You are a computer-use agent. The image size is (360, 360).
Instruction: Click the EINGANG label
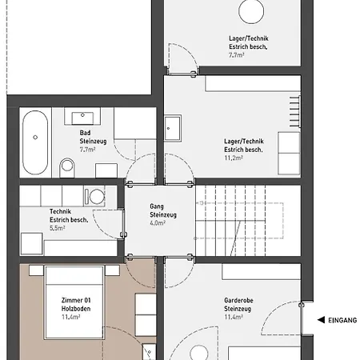pyautogui.click(x=342, y=320)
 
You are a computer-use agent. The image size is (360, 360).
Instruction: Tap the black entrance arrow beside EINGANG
pyautogui.click(x=321, y=320)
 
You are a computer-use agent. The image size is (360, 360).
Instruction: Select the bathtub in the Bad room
pyautogui.click(x=35, y=142)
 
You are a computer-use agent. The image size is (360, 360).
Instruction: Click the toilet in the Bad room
pyautogui.click(x=67, y=167)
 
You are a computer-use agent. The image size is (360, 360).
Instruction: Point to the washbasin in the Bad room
pyautogui.click(x=82, y=118)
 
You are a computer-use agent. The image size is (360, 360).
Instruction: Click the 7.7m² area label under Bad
pyautogui.click(x=87, y=150)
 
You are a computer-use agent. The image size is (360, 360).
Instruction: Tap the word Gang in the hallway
pyautogui.click(x=157, y=206)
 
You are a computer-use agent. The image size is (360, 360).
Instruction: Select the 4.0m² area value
pyautogui.click(x=158, y=223)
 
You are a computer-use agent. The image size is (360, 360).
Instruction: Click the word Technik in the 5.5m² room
pyautogui.click(x=60, y=211)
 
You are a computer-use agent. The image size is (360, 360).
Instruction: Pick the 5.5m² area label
pyautogui.click(x=58, y=228)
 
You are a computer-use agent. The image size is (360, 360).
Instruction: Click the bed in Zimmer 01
pyautogui.click(x=74, y=302)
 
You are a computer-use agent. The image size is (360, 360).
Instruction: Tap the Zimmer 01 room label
pyautogui.click(x=76, y=300)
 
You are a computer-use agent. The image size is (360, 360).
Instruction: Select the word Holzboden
pyautogui.click(x=76, y=309)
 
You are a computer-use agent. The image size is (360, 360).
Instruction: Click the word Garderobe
pyautogui.click(x=238, y=301)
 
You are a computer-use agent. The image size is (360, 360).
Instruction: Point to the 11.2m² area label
pyautogui.click(x=234, y=158)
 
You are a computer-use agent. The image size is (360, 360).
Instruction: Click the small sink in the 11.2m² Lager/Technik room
pyautogui.click(x=173, y=128)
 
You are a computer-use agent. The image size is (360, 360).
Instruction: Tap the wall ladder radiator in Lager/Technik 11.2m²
pyautogui.click(x=295, y=111)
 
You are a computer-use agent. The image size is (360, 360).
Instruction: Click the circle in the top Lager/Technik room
pyautogui.click(x=251, y=11)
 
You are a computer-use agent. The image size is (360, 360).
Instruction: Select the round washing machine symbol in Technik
pyautogui.click(x=97, y=197)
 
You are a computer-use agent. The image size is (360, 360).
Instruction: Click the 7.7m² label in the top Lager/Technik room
pyautogui.click(x=237, y=55)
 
